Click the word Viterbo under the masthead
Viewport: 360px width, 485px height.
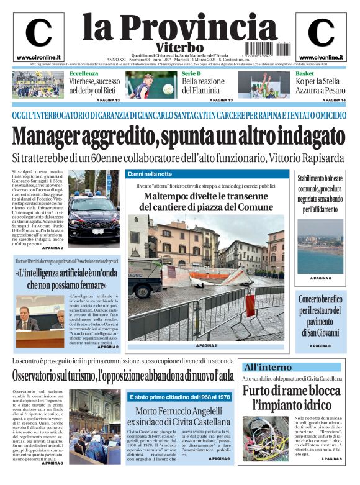coord(179,47)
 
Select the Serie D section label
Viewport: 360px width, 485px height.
coord(191,74)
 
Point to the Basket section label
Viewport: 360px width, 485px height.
coord(304,74)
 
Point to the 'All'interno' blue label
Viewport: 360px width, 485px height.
coord(268,367)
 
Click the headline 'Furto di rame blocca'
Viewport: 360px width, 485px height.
coord(291,391)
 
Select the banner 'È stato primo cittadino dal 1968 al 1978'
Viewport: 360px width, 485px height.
coord(179,397)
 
